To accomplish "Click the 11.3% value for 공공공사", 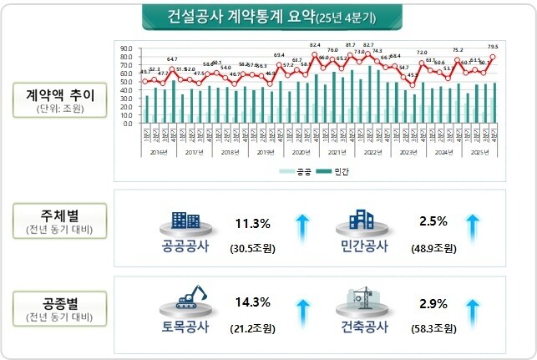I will [x=252, y=223].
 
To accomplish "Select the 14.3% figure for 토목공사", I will [x=252, y=302].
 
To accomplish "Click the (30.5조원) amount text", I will [x=252, y=249].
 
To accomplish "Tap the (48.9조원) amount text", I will [x=433, y=249].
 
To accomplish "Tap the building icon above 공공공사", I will [x=185, y=221].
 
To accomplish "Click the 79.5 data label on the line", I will [x=493, y=47].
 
